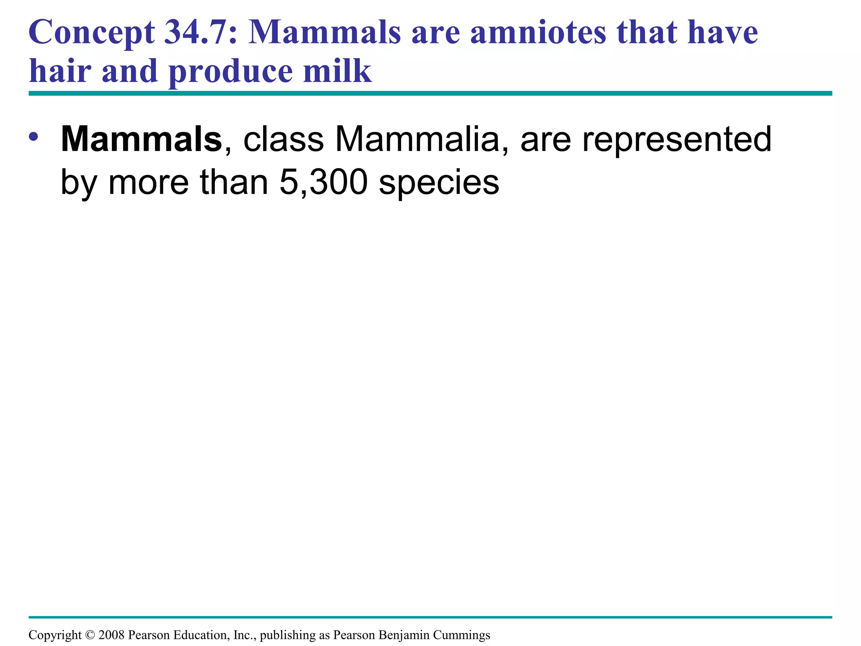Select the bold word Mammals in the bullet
[x=141, y=139]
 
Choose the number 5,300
[x=323, y=183]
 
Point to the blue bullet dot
[x=34, y=137]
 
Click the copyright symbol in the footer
[x=90, y=635]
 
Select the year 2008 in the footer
[x=111, y=635]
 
